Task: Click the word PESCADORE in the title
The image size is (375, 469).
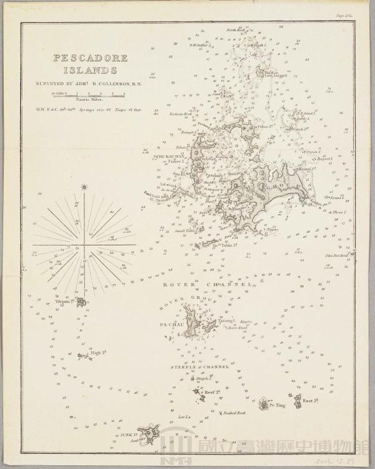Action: click(91, 58)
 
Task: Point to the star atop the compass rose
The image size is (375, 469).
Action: click(84, 186)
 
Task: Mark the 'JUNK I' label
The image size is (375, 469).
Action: click(127, 430)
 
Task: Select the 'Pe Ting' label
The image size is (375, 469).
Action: click(277, 405)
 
